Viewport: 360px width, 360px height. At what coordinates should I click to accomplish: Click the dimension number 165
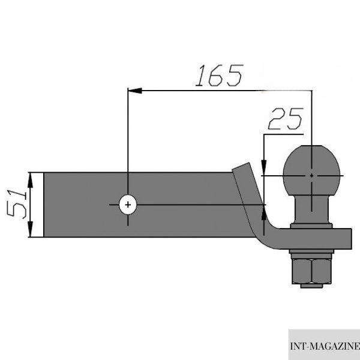click(x=219, y=76)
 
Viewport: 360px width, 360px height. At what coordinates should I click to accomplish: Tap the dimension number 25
click(x=286, y=118)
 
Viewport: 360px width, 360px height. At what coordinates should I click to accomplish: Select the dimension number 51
click(x=17, y=204)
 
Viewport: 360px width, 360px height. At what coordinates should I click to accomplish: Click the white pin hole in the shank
click(x=128, y=205)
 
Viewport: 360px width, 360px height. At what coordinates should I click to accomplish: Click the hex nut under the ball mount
click(x=311, y=271)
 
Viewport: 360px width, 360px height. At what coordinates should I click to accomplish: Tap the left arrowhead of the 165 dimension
click(x=135, y=91)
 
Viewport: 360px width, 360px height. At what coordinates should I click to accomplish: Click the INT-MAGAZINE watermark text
click(x=325, y=346)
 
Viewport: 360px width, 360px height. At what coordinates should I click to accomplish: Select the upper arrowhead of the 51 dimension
click(x=31, y=180)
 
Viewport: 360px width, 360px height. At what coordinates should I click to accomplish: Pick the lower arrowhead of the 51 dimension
click(x=31, y=229)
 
